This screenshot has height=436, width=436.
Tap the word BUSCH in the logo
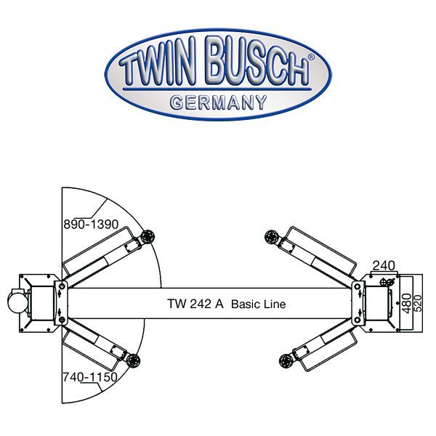click(250, 70)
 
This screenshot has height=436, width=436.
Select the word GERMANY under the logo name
click(218, 102)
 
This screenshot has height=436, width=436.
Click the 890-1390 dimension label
click(92, 225)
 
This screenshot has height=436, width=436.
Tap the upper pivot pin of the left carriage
click(62, 286)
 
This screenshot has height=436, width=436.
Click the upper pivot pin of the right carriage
click(358, 286)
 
